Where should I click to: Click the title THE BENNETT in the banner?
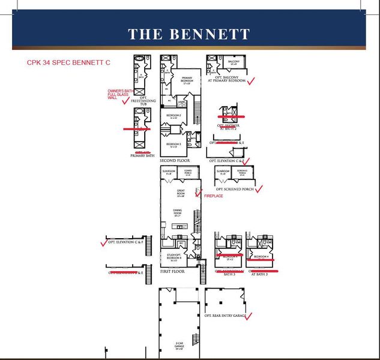[188, 34]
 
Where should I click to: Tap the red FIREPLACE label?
[214, 196]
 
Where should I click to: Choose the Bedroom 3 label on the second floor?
[173, 145]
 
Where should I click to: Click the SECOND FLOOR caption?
[175, 161]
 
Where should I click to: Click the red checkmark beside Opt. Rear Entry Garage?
[249, 315]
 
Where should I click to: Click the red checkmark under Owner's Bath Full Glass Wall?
[125, 101]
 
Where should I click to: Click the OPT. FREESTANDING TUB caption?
[143, 103]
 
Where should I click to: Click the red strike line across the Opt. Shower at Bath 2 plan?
[231, 116]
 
